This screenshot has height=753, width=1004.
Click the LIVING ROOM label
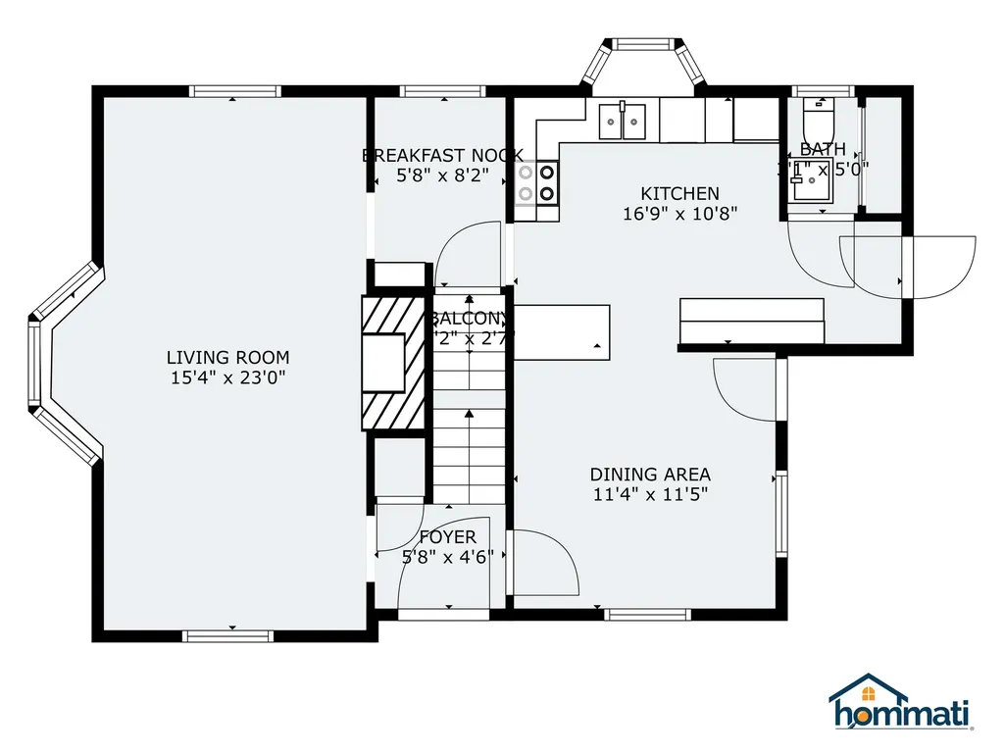tap(227, 358)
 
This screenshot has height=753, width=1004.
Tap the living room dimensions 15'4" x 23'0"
tap(227, 377)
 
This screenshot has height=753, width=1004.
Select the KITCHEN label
tap(679, 194)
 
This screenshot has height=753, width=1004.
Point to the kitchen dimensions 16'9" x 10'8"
tap(679, 213)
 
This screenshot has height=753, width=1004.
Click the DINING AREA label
tap(650, 476)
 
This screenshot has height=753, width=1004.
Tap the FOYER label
tap(447, 537)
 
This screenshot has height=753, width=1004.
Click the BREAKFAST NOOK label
tap(442, 156)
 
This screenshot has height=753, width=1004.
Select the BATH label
tap(822, 150)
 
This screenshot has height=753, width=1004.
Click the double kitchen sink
tap(623, 122)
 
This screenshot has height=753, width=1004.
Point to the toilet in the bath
tap(817, 121)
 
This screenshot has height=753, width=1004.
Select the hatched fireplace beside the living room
tap(393, 363)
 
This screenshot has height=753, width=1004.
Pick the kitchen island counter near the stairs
tap(562, 331)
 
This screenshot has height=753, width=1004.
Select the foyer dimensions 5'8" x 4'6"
tap(447, 557)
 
